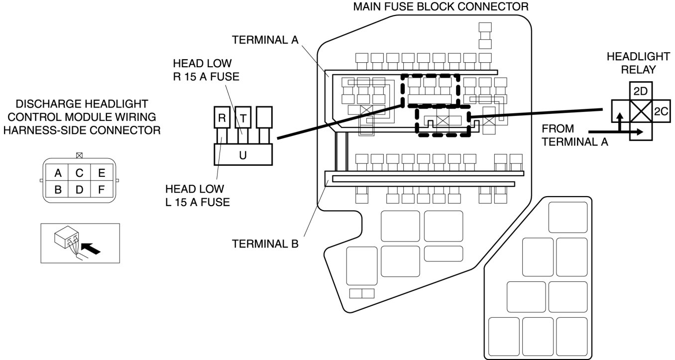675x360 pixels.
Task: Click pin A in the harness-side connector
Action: [x=58, y=173]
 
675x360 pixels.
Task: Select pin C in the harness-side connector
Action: [x=79, y=173]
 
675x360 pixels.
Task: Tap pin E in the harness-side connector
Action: [x=101, y=173]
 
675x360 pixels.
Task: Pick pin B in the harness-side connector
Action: [x=58, y=190]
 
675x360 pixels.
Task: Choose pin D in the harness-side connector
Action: [x=79, y=190]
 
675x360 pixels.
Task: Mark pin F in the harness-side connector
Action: [x=101, y=190]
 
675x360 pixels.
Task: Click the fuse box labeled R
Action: [x=221, y=118]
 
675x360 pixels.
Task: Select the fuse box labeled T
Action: [x=242, y=118]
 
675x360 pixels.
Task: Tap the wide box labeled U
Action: [x=242, y=154]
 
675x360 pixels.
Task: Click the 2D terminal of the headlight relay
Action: [x=639, y=92]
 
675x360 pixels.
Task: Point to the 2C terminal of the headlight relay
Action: [x=660, y=112]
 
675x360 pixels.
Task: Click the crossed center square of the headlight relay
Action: [x=639, y=110]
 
